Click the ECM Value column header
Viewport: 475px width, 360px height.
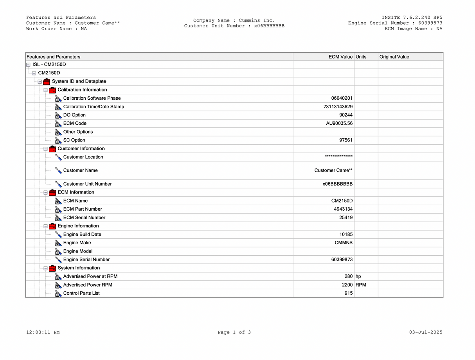[x=340, y=57]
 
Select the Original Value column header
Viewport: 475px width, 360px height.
[x=394, y=57]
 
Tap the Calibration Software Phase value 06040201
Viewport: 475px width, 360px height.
[x=342, y=98]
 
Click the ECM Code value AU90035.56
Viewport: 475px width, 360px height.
[x=336, y=124]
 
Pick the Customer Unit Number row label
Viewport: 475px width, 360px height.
[x=87, y=184]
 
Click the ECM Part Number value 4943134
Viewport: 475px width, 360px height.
[x=343, y=209]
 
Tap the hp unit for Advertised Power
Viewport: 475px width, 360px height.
[x=358, y=276]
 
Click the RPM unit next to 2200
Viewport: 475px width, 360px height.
[x=361, y=285]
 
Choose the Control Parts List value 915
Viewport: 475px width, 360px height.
[x=349, y=293]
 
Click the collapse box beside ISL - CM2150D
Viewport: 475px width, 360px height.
[x=28, y=64]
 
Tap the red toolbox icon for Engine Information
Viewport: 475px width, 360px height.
[x=52, y=226]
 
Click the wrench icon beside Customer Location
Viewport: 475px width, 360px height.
[x=58, y=157]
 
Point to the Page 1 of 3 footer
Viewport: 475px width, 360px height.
[x=234, y=332]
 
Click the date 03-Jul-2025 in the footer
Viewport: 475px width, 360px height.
[x=426, y=332]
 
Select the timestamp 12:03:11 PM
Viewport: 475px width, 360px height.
[x=43, y=332]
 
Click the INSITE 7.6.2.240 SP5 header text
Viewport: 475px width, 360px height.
[x=412, y=18]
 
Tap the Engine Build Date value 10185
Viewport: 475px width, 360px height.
[x=346, y=235]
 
